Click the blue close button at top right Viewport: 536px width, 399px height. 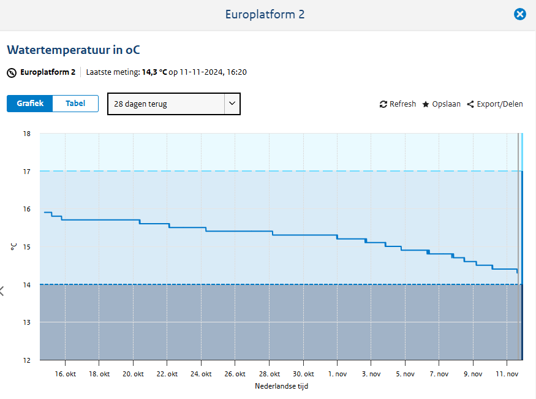pos(519,14)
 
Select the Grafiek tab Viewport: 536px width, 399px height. pos(30,104)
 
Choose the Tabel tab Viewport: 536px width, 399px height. pos(75,104)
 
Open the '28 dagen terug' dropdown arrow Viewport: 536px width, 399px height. pos(232,104)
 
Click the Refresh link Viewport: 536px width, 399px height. pos(398,104)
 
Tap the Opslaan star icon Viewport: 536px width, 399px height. pos(426,104)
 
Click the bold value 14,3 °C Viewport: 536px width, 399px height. pos(154,72)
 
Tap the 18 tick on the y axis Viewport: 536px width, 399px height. pos(26,134)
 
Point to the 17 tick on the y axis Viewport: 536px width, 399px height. pos(26,172)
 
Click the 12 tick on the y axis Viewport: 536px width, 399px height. pos(26,360)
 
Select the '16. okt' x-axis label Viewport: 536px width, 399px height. pos(65,374)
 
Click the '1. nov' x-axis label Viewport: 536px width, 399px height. pos(337,374)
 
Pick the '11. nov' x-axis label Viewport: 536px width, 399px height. pos(507,374)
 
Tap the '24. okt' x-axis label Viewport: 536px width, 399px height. pos(201,374)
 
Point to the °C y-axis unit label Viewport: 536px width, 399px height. pos(13,246)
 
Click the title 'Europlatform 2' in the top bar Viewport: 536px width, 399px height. pos(265,14)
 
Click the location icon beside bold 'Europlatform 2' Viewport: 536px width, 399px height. pos(12,73)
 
